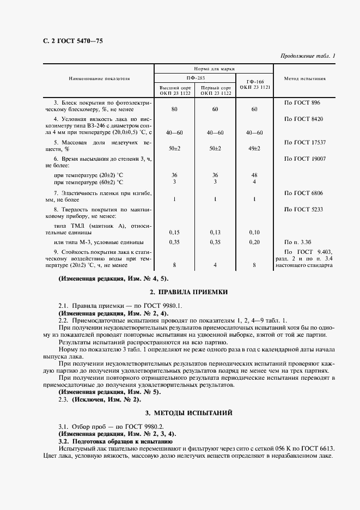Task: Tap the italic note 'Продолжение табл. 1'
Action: pyautogui.click(x=308, y=56)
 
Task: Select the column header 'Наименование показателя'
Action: pyautogui.click(x=99, y=78)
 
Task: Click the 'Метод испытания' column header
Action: pyautogui.click(x=306, y=78)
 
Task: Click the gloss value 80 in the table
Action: pyautogui.click(x=174, y=110)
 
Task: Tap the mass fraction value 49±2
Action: pyautogui.click(x=254, y=148)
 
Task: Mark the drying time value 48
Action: pyautogui.click(x=254, y=175)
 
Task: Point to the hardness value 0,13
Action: pyautogui.click(x=215, y=232)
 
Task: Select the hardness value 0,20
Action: pyautogui.click(x=254, y=241)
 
